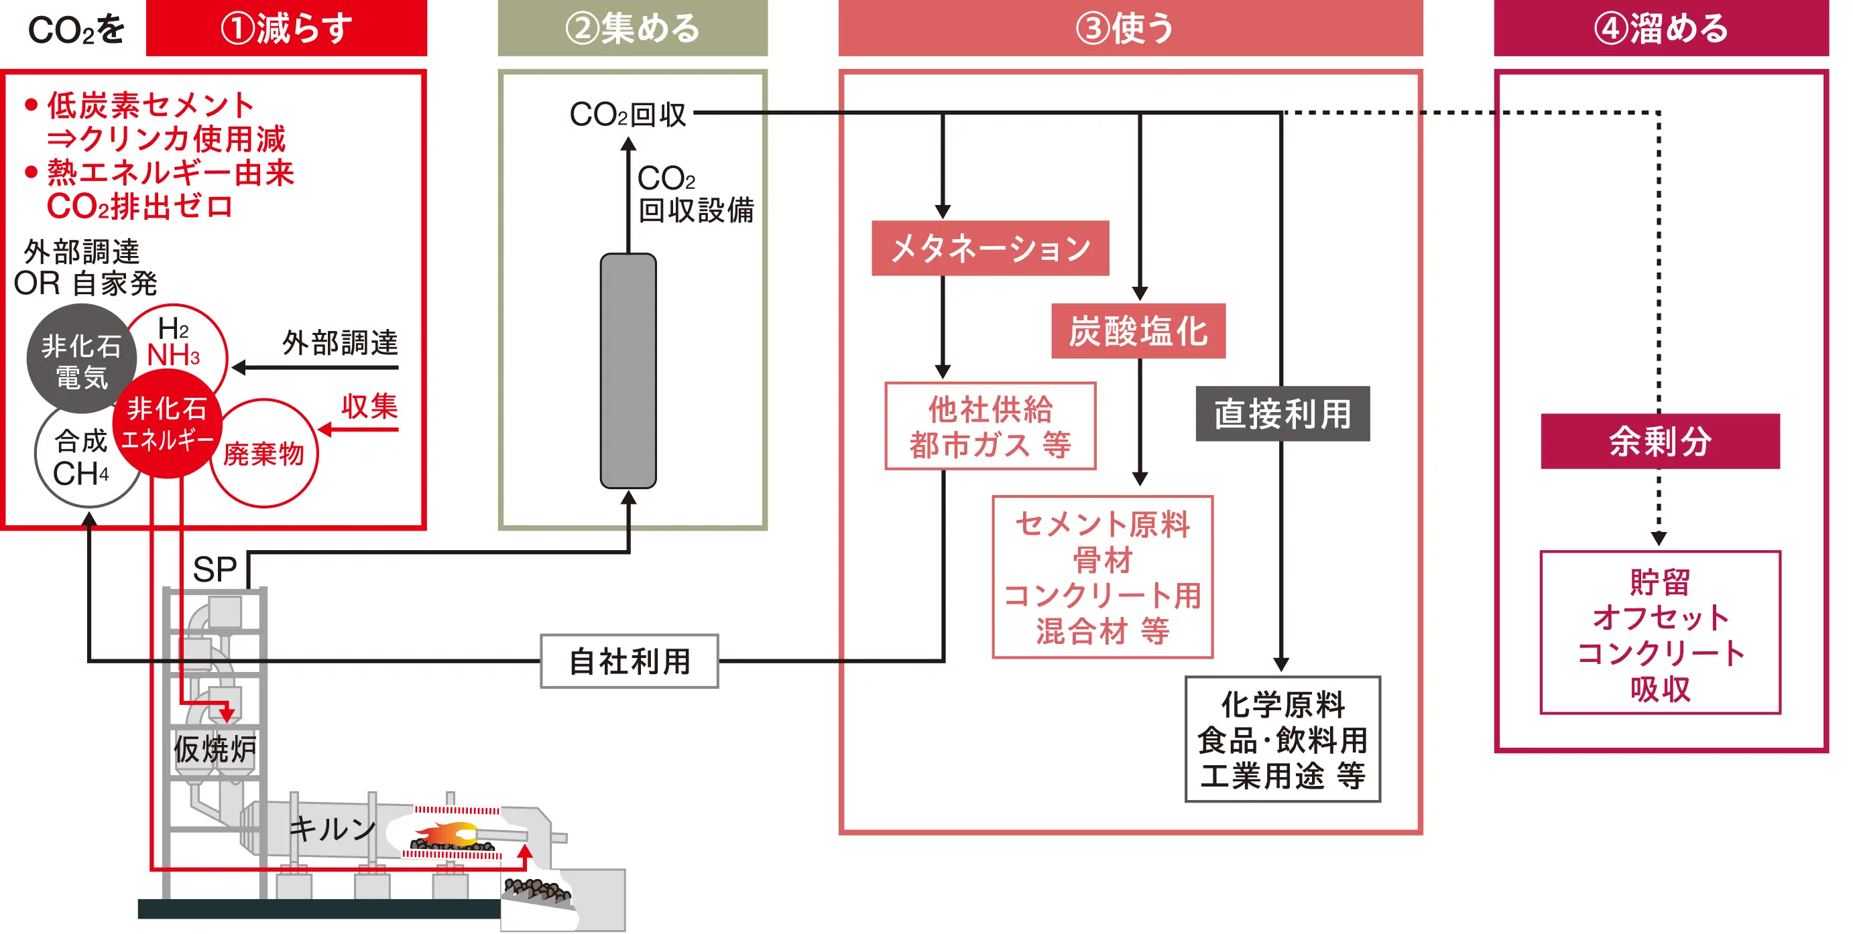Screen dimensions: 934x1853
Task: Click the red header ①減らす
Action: pos(286,28)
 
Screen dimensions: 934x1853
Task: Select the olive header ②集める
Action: pos(632,28)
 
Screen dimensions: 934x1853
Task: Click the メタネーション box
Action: pos(990,248)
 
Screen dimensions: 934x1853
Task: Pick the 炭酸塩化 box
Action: pos(1138,331)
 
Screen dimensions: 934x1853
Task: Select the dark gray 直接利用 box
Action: pos(1282,413)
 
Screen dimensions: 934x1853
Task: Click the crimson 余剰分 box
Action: pos(1659,441)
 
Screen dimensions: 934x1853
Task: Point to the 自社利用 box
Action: pos(630,661)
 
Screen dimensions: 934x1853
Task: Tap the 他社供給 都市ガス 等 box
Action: pos(990,425)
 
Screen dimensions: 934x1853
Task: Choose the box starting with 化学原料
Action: pos(1282,738)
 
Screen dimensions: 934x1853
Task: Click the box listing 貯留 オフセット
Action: pos(1659,632)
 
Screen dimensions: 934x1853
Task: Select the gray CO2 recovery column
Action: pos(628,371)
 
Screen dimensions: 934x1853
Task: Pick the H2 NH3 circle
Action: pos(180,338)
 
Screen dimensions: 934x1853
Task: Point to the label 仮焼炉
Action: pos(214,749)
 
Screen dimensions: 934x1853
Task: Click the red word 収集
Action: pos(369,406)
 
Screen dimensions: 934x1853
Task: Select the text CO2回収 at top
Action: pos(627,114)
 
